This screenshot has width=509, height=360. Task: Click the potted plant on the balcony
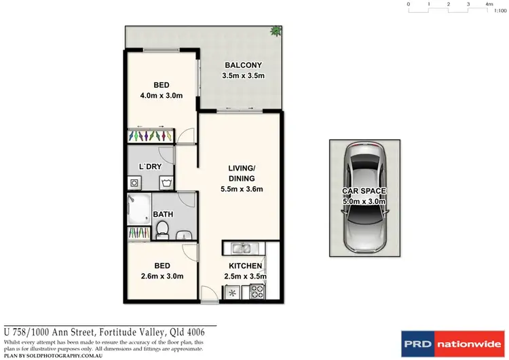pyautogui.click(x=275, y=31)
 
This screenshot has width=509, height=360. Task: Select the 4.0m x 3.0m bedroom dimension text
pyautogui.click(x=161, y=96)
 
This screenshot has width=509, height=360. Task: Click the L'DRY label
pyautogui.click(x=150, y=166)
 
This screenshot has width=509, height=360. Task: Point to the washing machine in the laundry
pyautogui.click(x=134, y=182)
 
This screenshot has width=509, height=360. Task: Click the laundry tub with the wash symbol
pyautogui.click(x=166, y=182)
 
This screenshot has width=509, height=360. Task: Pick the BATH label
pyautogui.click(x=163, y=214)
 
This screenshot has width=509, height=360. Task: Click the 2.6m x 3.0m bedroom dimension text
pyautogui.click(x=161, y=276)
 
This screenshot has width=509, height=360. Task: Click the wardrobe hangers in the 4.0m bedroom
pyautogui.click(x=150, y=136)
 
